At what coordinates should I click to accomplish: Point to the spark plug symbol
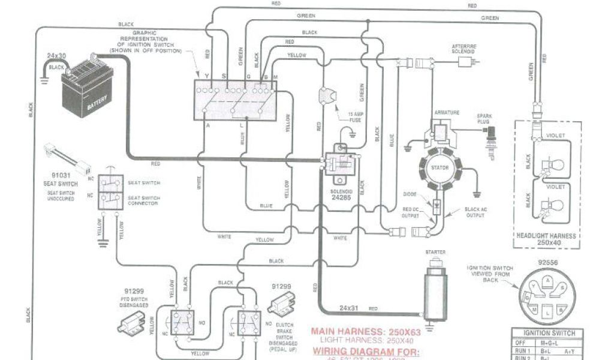click(493, 139)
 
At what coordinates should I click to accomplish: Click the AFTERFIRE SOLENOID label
click(463, 49)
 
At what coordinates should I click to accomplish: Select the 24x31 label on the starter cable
click(349, 308)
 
